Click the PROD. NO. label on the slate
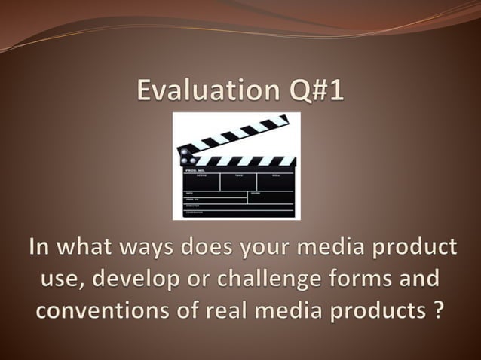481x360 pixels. [195, 171]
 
